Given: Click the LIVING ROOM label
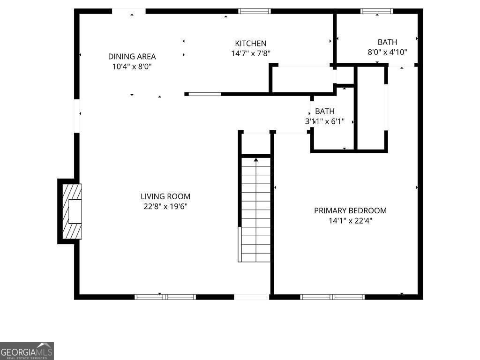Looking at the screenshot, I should pos(165,196).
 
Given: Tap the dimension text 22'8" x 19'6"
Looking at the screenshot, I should pos(165,206).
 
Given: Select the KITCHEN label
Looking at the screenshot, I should pos(251,44).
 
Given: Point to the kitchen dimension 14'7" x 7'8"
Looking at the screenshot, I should pos(251,53).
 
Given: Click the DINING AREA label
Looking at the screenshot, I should pos(132,57).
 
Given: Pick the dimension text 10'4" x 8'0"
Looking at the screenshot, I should pos(132,67).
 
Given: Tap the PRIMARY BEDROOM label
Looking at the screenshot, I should pos(350,210).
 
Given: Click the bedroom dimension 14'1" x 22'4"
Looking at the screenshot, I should pos(350,220).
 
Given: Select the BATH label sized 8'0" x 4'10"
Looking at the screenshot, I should pos(387,42).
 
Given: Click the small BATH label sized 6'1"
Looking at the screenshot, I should pos(325,112).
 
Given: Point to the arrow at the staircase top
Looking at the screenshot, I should pos(256,160).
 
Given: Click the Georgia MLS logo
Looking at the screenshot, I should pos(27,351).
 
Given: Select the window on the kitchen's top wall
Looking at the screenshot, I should pos(254,11).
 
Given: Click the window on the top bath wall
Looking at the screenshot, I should pos(377,11).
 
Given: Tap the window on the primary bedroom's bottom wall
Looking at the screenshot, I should pos(332,297).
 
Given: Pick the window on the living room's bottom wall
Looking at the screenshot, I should pos(165,297).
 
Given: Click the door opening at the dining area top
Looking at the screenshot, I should pos(128,11).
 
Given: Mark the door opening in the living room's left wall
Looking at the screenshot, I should pos(77,115).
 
